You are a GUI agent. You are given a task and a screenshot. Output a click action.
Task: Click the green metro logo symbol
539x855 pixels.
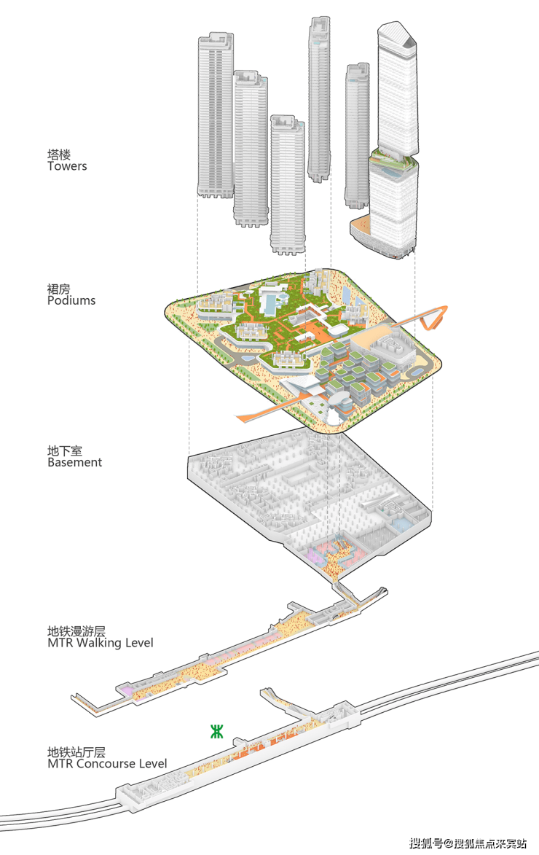click(216, 732)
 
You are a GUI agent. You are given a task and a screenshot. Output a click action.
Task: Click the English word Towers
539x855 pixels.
click(67, 166)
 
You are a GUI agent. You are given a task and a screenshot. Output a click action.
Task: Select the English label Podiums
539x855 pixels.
click(71, 300)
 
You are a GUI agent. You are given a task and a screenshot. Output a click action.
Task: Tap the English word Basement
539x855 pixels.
click(74, 462)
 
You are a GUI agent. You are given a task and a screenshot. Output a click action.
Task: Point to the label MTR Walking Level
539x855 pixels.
click(101, 643)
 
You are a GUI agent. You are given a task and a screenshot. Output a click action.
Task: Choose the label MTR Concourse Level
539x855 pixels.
click(107, 764)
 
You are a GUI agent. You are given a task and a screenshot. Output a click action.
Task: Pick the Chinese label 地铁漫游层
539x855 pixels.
click(76, 630)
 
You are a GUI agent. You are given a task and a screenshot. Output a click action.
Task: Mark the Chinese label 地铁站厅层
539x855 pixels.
click(76, 751)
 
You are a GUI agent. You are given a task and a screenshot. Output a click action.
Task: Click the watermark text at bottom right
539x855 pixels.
click(468, 843)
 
